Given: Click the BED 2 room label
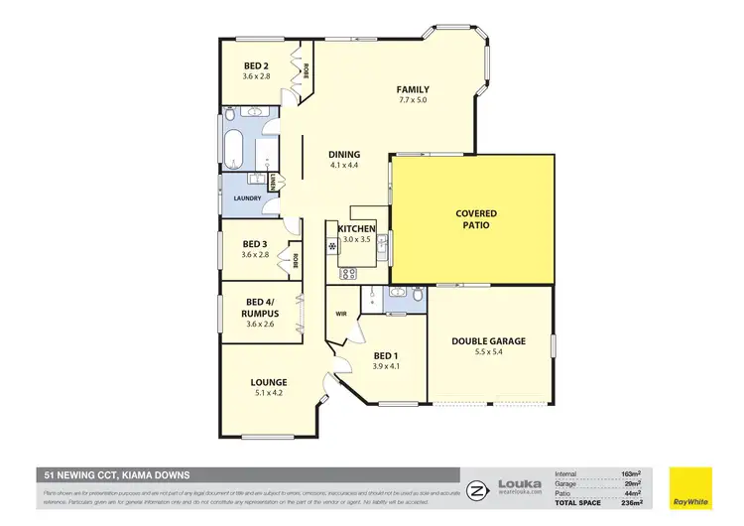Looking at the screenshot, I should coord(256,64).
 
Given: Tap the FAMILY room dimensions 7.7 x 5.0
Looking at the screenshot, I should coord(413,100).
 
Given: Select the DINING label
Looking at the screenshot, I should coord(343,155).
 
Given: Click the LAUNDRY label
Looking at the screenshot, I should coord(247,198).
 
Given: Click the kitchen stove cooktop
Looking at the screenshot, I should coord(349,274).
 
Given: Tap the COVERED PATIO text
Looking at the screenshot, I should coord(476,219).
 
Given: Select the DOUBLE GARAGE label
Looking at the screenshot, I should coord(489,341).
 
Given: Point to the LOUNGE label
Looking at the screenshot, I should coord(269,382).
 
